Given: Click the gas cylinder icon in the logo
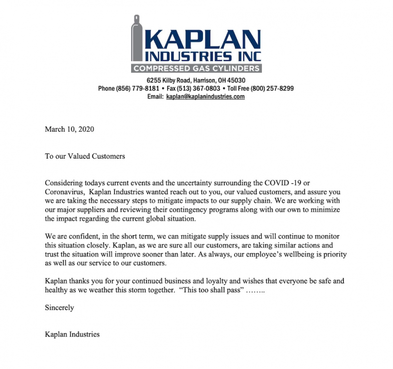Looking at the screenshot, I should click(x=136, y=44).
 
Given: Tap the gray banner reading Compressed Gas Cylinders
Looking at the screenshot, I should click(x=196, y=68).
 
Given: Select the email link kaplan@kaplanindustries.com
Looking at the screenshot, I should click(x=205, y=97).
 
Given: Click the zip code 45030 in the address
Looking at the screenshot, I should click(x=236, y=80).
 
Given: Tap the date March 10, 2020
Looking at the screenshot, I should click(x=69, y=130).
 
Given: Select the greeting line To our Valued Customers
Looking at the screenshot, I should click(x=85, y=157).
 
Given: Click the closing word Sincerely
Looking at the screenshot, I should click(x=59, y=308).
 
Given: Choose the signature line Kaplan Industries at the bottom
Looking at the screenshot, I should click(x=72, y=335).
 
